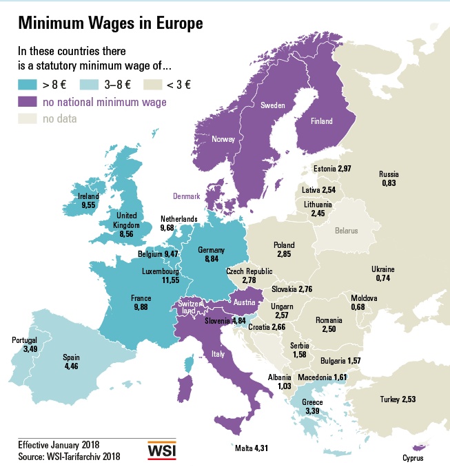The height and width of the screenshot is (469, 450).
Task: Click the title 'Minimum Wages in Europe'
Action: tap(110, 23)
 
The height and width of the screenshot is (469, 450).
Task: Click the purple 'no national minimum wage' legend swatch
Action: tap(28, 102)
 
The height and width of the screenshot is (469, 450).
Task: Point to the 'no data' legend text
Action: tap(59, 118)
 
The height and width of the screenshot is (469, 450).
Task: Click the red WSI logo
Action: tap(162, 450)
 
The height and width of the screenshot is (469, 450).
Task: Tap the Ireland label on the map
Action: tap(89, 196)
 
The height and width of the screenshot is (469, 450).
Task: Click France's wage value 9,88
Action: tap(141, 307)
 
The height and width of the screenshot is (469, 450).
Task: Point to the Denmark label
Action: tap(186, 196)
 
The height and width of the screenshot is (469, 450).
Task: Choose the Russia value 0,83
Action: tap(389, 184)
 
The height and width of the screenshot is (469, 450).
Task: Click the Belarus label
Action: tap(347, 231)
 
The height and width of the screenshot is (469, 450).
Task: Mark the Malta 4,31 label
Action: tap(251, 448)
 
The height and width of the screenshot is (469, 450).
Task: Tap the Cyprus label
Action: tap(413, 458)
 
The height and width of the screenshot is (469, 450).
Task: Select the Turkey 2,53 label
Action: tap(398, 399)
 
